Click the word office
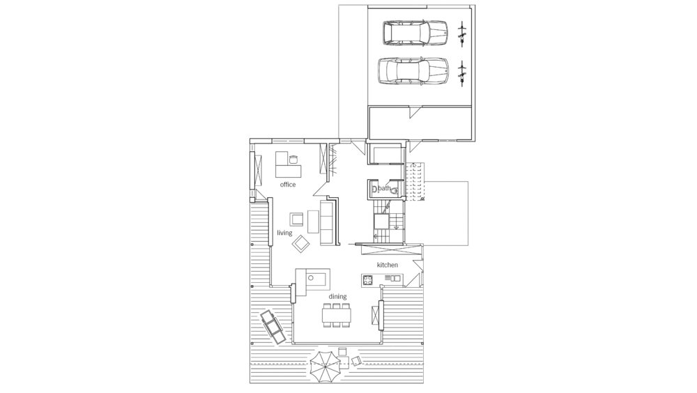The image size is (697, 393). point(288,185)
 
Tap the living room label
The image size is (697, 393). point(284,233)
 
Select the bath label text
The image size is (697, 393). point(385,188)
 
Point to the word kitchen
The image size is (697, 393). point(387,265)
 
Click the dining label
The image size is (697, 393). point(337,297)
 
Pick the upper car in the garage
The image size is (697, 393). point(415,33)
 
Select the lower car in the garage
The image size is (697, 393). point(413,70)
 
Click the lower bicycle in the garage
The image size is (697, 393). point(462,74)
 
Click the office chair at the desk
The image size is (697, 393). point(293,159)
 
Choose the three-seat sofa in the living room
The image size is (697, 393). point(328,222)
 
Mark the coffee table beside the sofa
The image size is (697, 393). point(313,222)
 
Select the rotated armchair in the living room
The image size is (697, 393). point(301,243)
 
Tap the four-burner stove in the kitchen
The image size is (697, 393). point(367,279)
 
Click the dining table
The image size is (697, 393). point(337,315)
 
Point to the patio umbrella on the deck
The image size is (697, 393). point(324,365)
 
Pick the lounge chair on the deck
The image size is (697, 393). point(272,327)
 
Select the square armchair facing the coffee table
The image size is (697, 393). point(296,219)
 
